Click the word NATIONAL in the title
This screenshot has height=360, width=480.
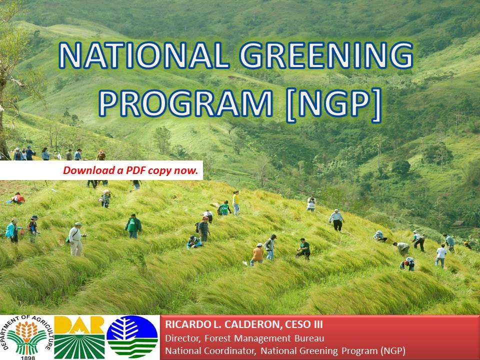click(143, 55)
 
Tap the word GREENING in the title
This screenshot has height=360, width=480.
click(326, 55)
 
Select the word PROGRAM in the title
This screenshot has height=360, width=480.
click(185, 103)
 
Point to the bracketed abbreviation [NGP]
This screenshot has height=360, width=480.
click(333, 104)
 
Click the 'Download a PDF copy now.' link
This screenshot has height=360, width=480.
click(130, 170)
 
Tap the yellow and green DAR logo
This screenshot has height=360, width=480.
click(79, 337)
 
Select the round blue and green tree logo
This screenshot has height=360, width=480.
click(132, 336)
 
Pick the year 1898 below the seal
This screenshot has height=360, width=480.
click(28, 357)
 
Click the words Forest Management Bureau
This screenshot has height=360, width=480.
click(264, 338)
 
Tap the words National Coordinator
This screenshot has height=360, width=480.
click(210, 351)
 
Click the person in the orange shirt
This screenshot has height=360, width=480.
click(257, 254)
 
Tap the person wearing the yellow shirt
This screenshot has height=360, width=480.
click(235, 202)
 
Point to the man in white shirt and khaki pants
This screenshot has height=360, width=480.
click(75, 239)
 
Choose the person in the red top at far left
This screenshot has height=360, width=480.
click(18, 198)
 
